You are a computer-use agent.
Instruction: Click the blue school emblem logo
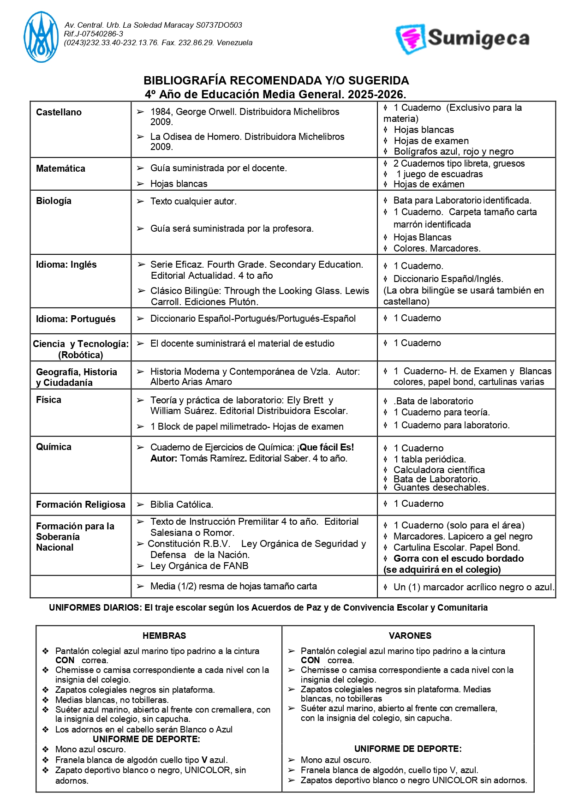tap(41, 37)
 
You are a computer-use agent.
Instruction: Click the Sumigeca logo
tap(462, 38)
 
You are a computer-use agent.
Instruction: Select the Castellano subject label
tap(59, 112)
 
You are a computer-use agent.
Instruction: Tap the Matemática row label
tap(60, 168)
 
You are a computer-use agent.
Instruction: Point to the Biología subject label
tap(54, 201)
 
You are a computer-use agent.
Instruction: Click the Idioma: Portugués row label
tap(76, 319)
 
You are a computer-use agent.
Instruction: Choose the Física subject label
tap(48, 400)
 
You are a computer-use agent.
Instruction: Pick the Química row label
tap(54, 447)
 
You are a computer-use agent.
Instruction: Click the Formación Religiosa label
tap(80, 504)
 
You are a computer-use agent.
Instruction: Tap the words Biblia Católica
tap(181, 504)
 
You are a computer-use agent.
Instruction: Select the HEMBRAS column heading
tap(164, 636)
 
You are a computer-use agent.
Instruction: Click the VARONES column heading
tap(410, 636)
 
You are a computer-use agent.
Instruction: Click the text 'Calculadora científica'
tap(439, 470)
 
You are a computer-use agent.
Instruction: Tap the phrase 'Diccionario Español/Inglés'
tap(448, 279)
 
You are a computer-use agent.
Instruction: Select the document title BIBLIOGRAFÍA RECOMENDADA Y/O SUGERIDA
tap(276, 80)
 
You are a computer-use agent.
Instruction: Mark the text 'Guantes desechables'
tap(440, 487)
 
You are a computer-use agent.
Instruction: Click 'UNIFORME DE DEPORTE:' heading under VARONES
tap(408, 749)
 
